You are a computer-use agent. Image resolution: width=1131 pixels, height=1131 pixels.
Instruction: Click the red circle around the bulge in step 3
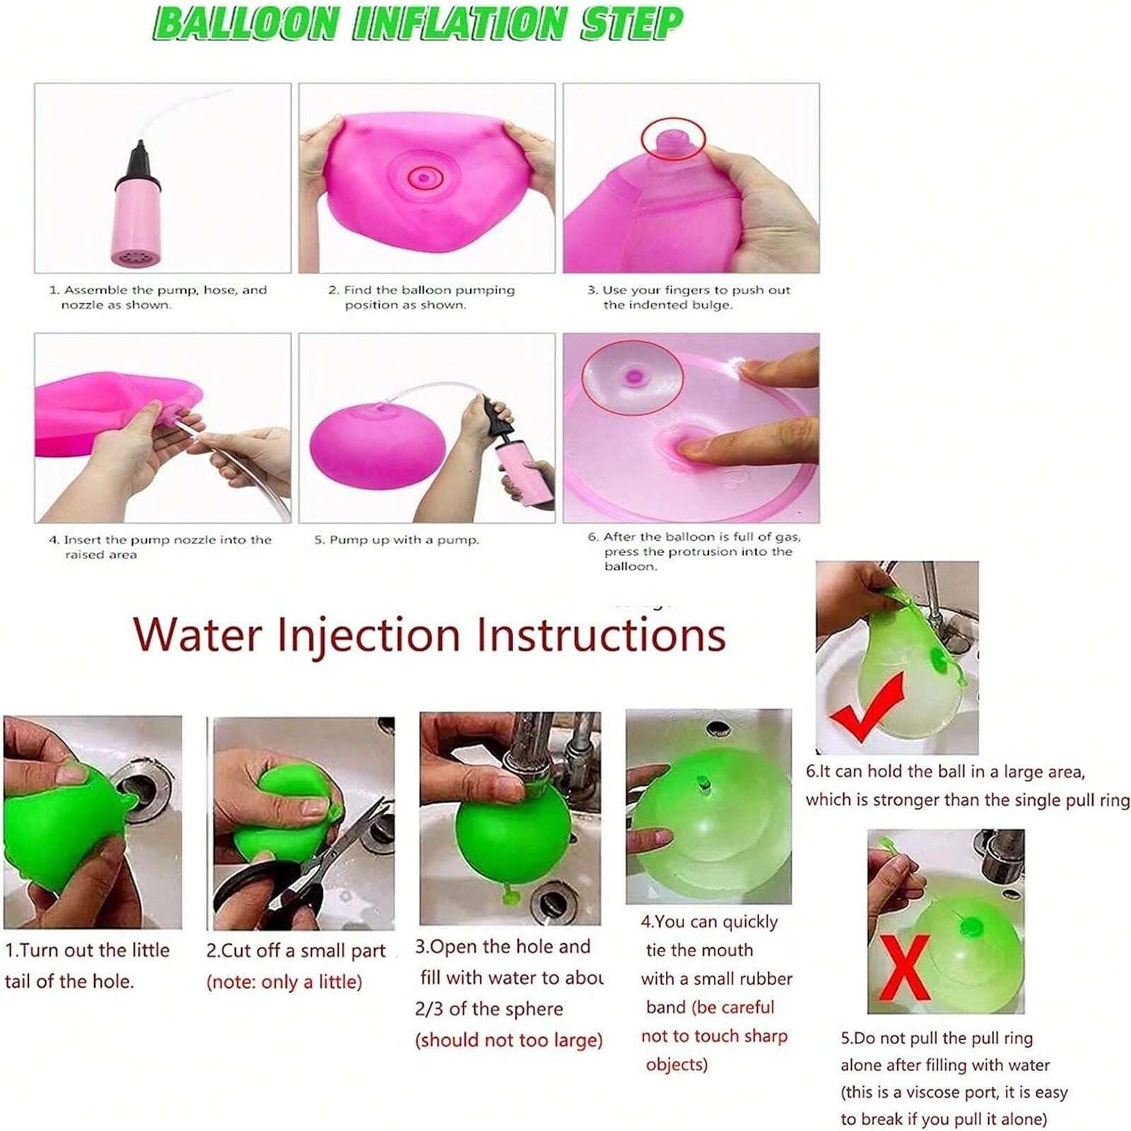[x=673, y=139]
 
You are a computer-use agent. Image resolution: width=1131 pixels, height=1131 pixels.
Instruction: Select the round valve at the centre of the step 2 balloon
[x=423, y=177]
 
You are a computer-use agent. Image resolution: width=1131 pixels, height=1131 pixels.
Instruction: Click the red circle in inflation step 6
[x=632, y=376]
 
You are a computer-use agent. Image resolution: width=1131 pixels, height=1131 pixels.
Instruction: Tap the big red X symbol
[x=906, y=966]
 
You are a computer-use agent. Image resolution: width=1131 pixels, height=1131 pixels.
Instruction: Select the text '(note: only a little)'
[x=284, y=982]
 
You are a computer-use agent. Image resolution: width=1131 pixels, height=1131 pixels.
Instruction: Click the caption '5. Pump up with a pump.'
[x=397, y=540]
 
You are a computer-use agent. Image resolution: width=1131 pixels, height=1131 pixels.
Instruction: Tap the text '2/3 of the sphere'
[x=489, y=1009]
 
